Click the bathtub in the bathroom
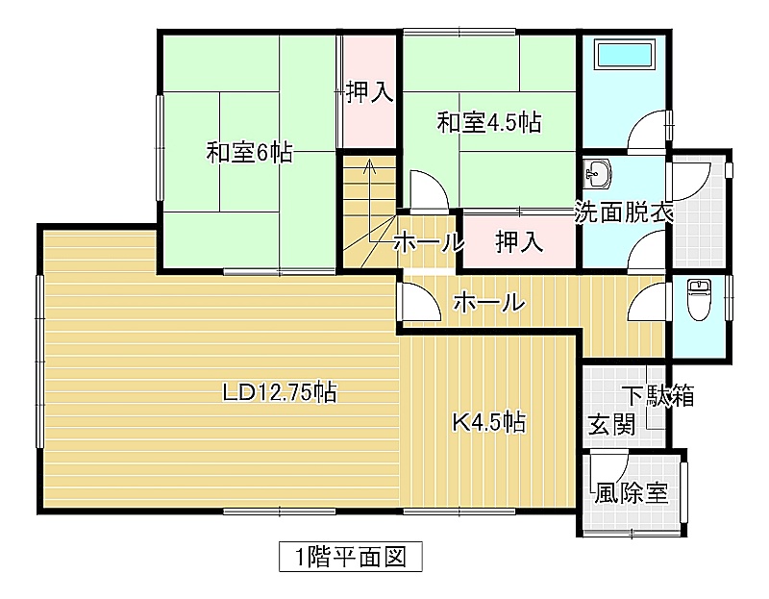[x=625, y=55]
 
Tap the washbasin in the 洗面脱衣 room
[x=598, y=173]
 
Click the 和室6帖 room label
[x=249, y=153]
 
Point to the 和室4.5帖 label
[x=489, y=122]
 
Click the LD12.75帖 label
[x=280, y=392]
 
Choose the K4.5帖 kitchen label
[x=489, y=421]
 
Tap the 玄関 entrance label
[x=611, y=424]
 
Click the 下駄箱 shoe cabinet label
[x=658, y=395]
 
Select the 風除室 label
[x=632, y=493]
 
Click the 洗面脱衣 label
[x=623, y=212]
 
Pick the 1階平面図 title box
[x=351, y=557]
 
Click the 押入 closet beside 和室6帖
[x=370, y=91]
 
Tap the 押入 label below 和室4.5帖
[x=519, y=242]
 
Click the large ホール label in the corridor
[x=489, y=302]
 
